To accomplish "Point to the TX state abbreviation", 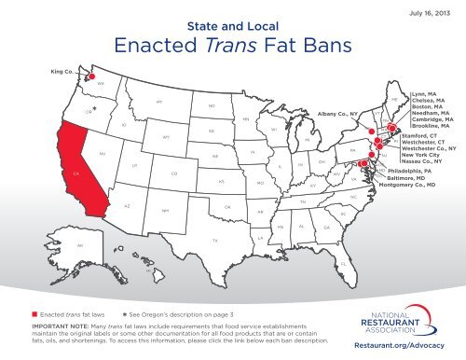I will pos(215,240).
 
